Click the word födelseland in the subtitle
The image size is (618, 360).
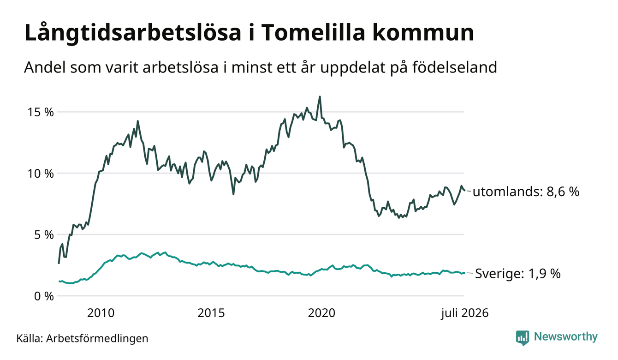(455, 67)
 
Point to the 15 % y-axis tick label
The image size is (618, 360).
(40, 112)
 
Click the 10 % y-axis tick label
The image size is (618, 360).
(40, 174)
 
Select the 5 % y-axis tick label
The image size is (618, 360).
(44, 235)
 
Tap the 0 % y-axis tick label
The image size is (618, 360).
(44, 296)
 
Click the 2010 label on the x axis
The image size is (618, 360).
(101, 313)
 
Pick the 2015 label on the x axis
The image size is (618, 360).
(211, 313)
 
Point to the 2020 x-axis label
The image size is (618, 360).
(321, 313)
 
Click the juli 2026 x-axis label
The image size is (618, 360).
(464, 313)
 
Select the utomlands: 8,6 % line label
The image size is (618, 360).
(526, 192)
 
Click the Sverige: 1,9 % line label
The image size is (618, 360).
(518, 274)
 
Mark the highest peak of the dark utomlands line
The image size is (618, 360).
(320, 96)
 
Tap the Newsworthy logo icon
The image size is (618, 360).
(523, 338)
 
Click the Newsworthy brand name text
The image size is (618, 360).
(566, 337)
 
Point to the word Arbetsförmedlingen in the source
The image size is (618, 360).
(97, 338)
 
